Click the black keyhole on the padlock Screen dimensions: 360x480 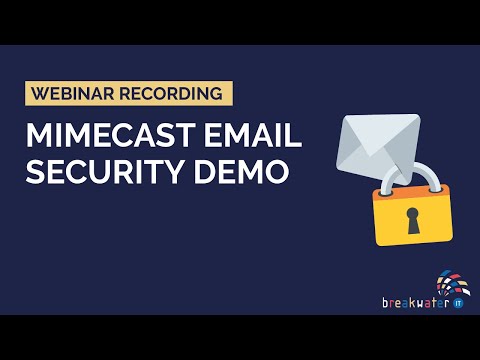(x=412, y=220)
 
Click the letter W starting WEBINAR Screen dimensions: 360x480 (x=40, y=95)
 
